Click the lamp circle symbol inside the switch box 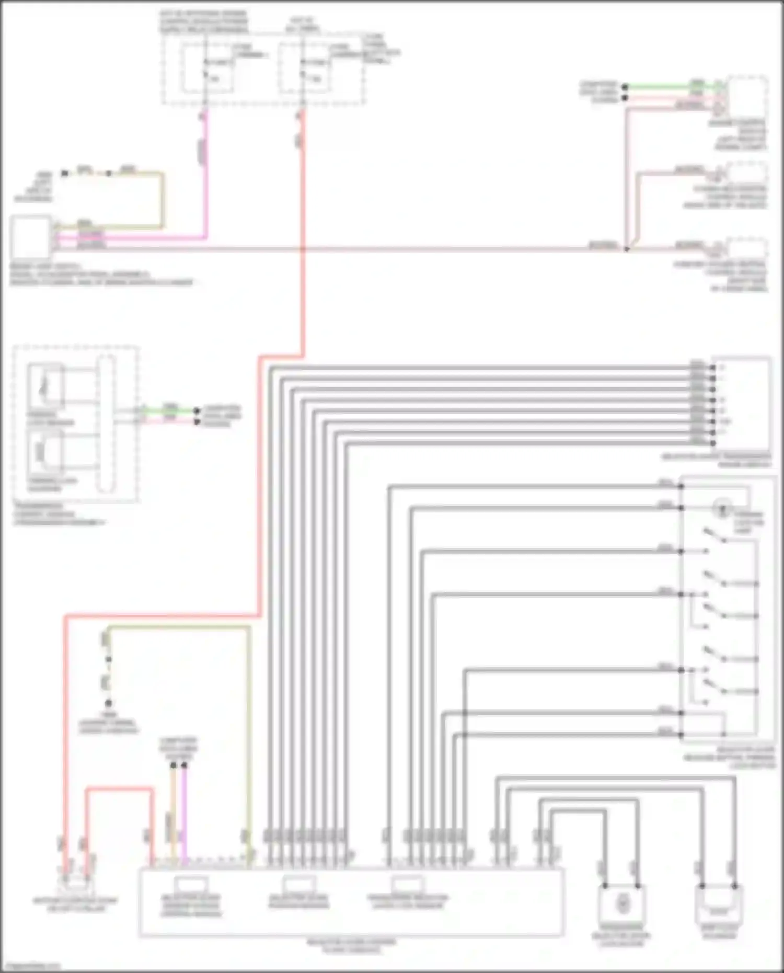click(722, 507)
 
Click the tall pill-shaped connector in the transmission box click(106, 423)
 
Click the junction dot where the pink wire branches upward click(626, 249)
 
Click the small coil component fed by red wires click(76, 884)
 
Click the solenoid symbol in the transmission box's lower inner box click(44, 453)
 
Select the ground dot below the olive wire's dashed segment click(108, 703)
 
